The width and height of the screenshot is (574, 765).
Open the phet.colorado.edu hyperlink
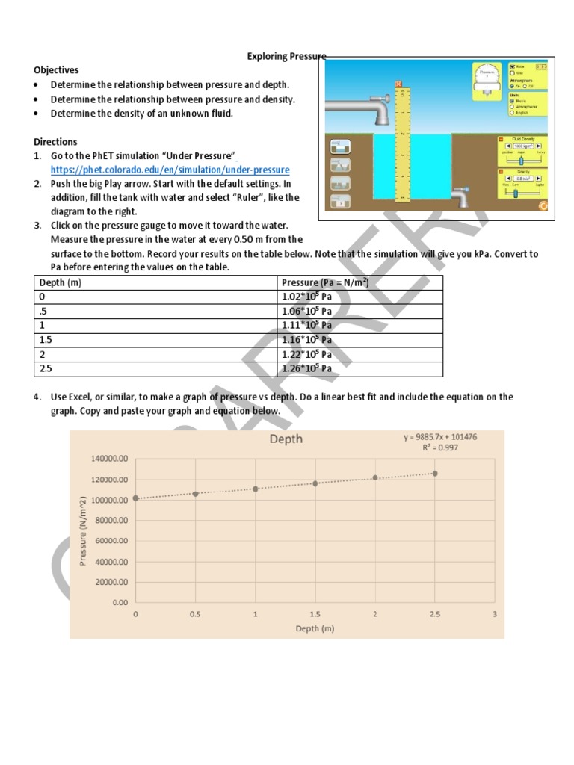tap(170, 170)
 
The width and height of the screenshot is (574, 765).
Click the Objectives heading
tap(56, 70)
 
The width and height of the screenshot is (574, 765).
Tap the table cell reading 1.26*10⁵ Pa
tap(306, 368)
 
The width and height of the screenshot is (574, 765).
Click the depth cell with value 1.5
tap(46, 340)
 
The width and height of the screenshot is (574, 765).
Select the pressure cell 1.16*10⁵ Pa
tap(306, 340)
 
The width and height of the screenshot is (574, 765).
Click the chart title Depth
tap(286, 439)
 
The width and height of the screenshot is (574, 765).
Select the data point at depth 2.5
tap(435, 473)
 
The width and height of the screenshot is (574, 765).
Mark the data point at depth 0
tap(135, 498)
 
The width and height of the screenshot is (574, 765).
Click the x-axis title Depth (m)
tap(315, 628)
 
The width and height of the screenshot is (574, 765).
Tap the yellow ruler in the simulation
tap(403, 142)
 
